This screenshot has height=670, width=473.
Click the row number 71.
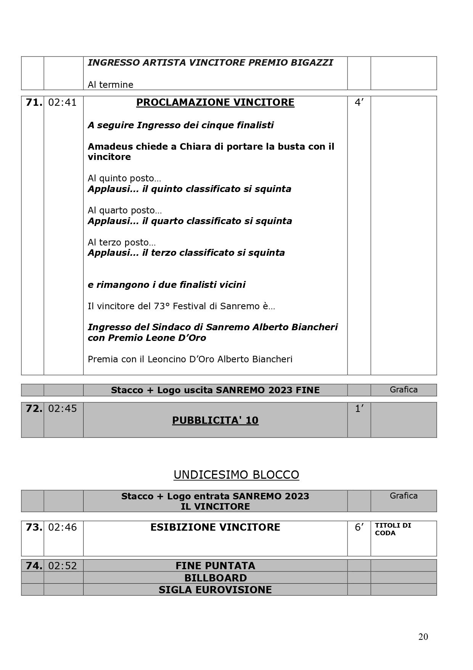click(x=34, y=103)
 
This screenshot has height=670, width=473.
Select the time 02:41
click(x=62, y=103)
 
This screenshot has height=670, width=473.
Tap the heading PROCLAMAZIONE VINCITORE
click(x=215, y=103)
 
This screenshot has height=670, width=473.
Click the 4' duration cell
click(x=359, y=103)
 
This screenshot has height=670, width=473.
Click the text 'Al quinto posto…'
click(x=124, y=178)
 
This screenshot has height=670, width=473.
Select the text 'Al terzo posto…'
click(x=122, y=242)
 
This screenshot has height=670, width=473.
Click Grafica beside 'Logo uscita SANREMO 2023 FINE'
click(x=403, y=390)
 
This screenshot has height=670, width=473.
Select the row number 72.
click(x=34, y=409)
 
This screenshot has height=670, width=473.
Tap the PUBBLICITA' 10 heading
click(x=215, y=420)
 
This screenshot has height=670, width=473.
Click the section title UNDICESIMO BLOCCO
click(x=236, y=475)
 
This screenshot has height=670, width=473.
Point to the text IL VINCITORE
click(x=215, y=507)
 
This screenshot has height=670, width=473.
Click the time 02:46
click(x=62, y=528)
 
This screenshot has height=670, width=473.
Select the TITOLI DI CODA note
click(x=393, y=529)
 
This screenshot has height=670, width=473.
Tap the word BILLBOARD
click(x=215, y=578)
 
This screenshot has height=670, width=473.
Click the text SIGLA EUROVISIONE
click(x=215, y=590)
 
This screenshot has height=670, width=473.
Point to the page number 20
click(x=423, y=637)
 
